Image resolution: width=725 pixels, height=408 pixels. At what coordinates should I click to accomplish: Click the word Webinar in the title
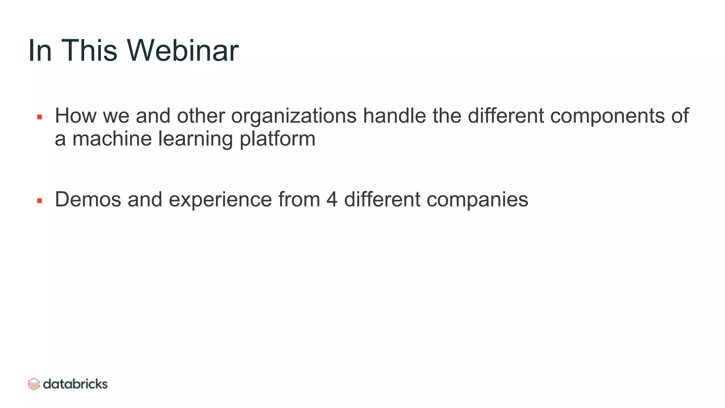pyautogui.click(x=183, y=51)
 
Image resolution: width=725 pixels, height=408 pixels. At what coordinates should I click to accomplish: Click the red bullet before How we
pyautogui.click(x=40, y=117)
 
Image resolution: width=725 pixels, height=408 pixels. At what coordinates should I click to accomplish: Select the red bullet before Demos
pyautogui.click(x=40, y=201)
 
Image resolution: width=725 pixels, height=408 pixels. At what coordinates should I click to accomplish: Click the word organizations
pyautogui.click(x=293, y=117)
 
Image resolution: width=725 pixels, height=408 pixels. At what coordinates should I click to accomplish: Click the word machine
pyautogui.click(x=112, y=138)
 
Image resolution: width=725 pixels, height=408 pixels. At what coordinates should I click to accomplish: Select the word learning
pyautogui.click(x=195, y=139)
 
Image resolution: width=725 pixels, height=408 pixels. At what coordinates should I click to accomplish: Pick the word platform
pyautogui.click(x=277, y=139)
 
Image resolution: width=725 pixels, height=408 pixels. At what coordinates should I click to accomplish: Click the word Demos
pyautogui.click(x=88, y=199)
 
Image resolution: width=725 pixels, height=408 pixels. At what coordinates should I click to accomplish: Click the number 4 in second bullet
pyautogui.click(x=332, y=199)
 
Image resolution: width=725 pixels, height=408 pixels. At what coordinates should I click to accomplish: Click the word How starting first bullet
pyautogui.click(x=75, y=116)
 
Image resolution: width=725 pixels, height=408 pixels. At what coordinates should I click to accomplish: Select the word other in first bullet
pyautogui.click(x=201, y=116)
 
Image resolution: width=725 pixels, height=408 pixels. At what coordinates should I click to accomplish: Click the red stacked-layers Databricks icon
pyautogui.click(x=34, y=384)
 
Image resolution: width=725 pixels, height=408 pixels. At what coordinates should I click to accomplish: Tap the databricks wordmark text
pyautogui.click(x=75, y=384)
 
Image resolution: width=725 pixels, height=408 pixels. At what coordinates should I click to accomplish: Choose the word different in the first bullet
pyautogui.click(x=506, y=116)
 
